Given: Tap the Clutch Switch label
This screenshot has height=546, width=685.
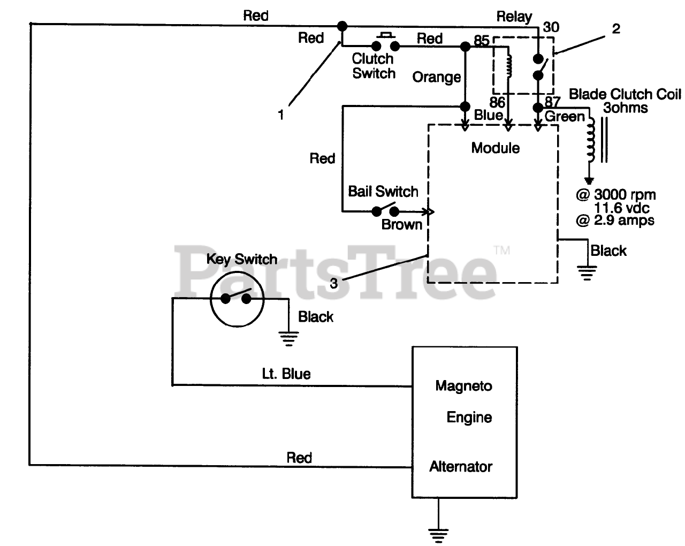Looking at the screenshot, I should [x=374, y=66].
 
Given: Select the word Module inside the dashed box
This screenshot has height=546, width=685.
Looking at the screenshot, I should [x=495, y=148].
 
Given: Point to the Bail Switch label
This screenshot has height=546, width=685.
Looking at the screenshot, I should [x=383, y=191].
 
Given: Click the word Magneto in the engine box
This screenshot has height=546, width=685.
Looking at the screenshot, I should [x=463, y=385].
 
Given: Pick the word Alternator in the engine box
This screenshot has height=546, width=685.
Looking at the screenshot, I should [x=460, y=466].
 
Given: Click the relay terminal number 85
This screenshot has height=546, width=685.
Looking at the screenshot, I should [x=481, y=41].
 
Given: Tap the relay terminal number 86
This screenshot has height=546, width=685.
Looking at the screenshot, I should [x=497, y=102].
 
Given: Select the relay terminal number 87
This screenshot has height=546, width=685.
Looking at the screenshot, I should [x=552, y=102].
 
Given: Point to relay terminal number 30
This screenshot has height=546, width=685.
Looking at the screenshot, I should [x=551, y=27].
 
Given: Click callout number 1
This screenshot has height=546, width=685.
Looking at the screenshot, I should [x=281, y=115].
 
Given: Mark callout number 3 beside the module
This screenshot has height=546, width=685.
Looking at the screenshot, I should [x=333, y=283].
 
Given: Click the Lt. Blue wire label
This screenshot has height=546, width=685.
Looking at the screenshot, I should [x=286, y=373].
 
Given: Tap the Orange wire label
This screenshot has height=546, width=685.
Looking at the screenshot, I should [x=436, y=77].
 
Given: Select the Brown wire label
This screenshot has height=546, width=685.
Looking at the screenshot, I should [x=401, y=224].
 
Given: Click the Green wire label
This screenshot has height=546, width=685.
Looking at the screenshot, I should [x=565, y=116].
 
